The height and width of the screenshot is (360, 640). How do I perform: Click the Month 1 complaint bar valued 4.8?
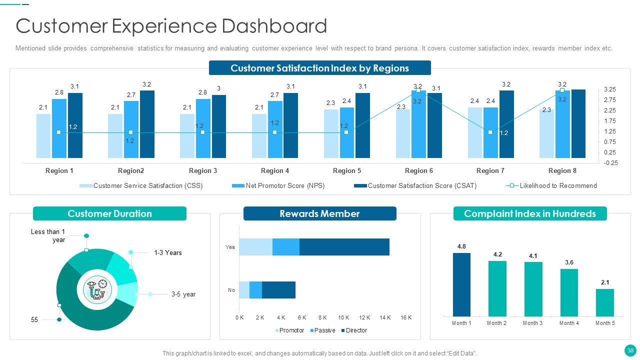tap(461, 284)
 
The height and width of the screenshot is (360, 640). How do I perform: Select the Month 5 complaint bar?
tap(605, 302)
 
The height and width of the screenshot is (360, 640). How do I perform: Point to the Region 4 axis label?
tap(275, 170)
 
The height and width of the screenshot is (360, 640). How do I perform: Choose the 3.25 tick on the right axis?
tap(609, 89)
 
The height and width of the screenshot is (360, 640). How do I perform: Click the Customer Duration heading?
tap(109, 214)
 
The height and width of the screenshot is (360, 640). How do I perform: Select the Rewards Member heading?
tap(319, 214)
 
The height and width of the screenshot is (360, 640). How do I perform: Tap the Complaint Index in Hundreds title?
tap(530, 214)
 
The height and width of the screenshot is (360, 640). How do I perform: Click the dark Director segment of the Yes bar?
tap(344, 247)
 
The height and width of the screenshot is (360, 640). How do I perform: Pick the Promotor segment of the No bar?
tap(244, 290)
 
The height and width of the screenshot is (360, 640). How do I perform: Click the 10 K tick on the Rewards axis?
tap(343, 317)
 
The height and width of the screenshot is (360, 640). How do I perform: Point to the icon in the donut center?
tap(97, 289)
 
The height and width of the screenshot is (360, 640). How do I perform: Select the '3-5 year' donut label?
tap(183, 294)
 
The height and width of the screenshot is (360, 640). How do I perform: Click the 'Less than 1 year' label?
tap(48, 235)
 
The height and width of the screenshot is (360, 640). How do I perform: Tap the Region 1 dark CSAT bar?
tap(75, 125)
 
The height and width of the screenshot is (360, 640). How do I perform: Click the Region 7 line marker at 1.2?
tap(490, 132)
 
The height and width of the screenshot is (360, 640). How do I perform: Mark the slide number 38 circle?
tap(630, 350)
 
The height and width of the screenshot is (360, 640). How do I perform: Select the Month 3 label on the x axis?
tap(533, 323)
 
